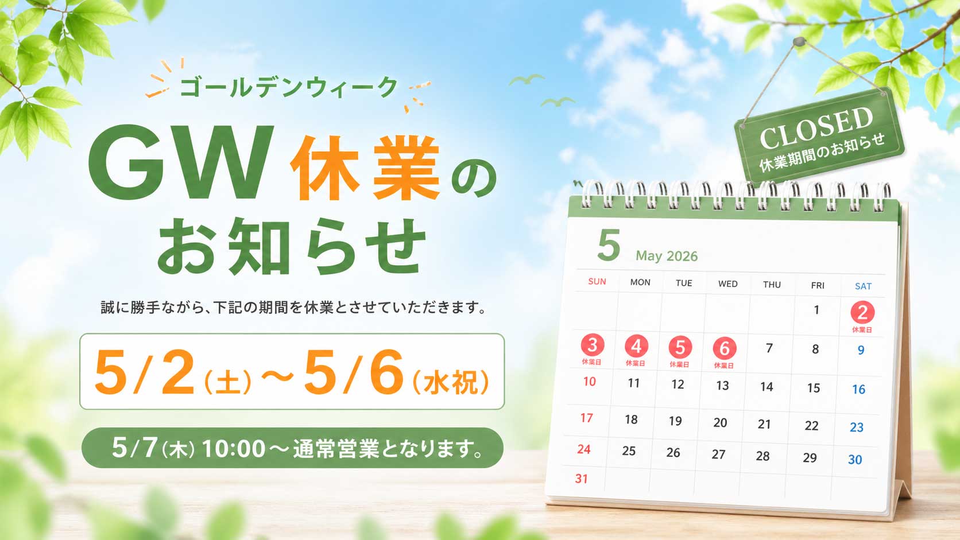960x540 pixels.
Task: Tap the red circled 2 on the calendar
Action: [x=862, y=313]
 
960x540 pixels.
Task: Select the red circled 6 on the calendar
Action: [x=724, y=348]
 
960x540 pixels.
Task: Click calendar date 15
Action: [x=813, y=388]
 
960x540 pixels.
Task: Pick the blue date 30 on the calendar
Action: [x=855, y=460]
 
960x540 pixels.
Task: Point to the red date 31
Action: [x=582, y=479]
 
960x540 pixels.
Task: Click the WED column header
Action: [x=727, y=283]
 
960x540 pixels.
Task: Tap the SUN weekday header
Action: [x=597, y=281]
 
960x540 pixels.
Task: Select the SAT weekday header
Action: [x=863, y=286]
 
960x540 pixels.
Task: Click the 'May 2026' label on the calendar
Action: [x=666, y=256]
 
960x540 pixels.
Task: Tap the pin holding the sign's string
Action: [x=798, y=42]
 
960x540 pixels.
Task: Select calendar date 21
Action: [x=764, y=424]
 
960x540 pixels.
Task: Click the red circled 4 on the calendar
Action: [x=636, y=347]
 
